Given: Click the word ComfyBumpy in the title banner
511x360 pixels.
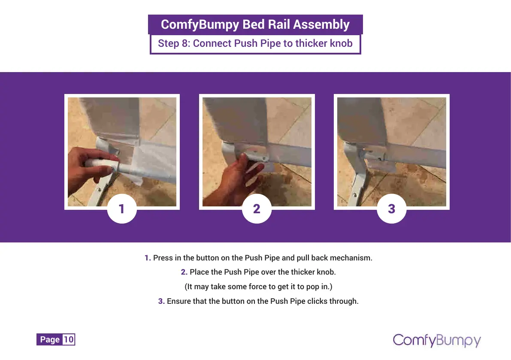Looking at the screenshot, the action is [200, 25].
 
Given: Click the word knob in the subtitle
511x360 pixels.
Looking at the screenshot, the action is [341, 43].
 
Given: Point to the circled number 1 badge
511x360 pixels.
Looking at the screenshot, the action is [122, 209].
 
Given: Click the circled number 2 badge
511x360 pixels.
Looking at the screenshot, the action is [257, 209].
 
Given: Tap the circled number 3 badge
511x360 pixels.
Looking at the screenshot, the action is [392, 209].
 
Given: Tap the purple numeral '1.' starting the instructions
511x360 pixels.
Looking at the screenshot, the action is [148, 258].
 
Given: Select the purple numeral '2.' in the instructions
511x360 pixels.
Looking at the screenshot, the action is [184, 272].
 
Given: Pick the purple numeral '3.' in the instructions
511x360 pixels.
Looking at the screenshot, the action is [161, 301].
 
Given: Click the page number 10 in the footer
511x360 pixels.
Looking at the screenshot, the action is [69, 339].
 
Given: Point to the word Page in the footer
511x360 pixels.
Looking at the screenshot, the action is [50, 339].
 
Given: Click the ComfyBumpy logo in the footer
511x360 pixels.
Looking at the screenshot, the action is [437, 340].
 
